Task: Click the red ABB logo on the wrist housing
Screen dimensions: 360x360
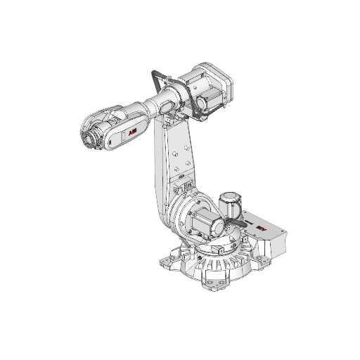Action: click(131, 132)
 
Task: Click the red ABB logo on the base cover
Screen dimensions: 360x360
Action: click(262, 229)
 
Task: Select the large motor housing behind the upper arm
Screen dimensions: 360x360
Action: click(211, 81)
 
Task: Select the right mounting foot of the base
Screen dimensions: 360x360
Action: click(265, 259)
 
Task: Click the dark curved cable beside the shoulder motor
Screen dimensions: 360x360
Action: click(231, 226)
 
